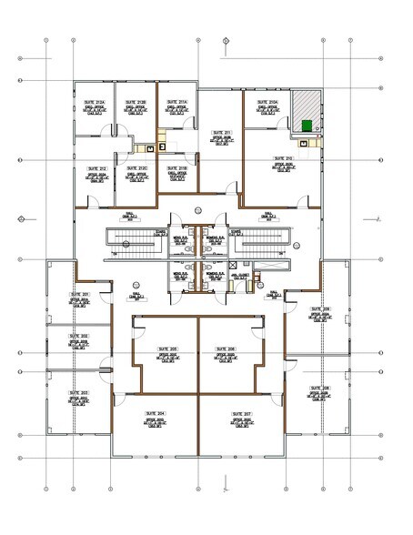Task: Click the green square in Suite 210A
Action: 307,125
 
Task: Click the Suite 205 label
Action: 166,349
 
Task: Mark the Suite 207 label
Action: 240,413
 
